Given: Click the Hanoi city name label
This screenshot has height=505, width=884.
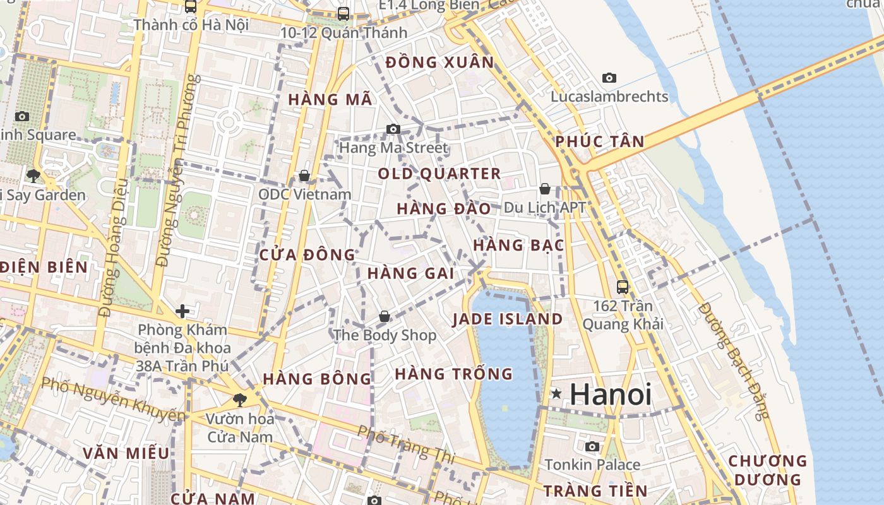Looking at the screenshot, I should [x=611, y=395].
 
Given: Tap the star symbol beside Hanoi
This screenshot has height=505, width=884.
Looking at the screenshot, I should [x=556, y=394].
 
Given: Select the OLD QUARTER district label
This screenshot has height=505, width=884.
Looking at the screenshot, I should [x=439, y=174].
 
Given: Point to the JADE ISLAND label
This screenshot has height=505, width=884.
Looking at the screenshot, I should [x=507, y=319].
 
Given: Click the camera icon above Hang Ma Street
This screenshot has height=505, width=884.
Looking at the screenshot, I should [x=393, y=129].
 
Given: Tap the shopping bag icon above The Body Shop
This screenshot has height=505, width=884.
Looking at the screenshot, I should [x=384, y=316].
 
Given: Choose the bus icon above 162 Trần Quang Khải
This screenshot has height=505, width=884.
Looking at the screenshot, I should [x=623, y=287].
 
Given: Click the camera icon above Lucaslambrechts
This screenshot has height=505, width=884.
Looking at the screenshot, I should [x=609, y=78].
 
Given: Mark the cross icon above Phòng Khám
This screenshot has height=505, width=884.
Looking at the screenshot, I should [x=182, y=311].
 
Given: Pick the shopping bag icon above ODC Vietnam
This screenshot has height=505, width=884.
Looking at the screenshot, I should [x=304, y=175].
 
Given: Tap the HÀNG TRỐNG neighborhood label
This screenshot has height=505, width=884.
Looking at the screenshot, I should [x=453, y=374].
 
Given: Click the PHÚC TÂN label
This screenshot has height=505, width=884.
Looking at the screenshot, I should [x=600, y=141].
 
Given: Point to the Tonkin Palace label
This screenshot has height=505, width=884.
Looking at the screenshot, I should [x=592, y=465].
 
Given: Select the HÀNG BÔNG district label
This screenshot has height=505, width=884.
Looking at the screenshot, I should [x=317, y=379].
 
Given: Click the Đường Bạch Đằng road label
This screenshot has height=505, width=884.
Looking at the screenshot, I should [x=734, y=360].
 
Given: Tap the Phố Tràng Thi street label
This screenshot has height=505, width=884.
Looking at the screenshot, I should [x=405, y=442].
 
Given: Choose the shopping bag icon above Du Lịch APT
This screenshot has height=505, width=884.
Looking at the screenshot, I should [x=544, y=189].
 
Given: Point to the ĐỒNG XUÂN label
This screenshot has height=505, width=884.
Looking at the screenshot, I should [x=439, y=62].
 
